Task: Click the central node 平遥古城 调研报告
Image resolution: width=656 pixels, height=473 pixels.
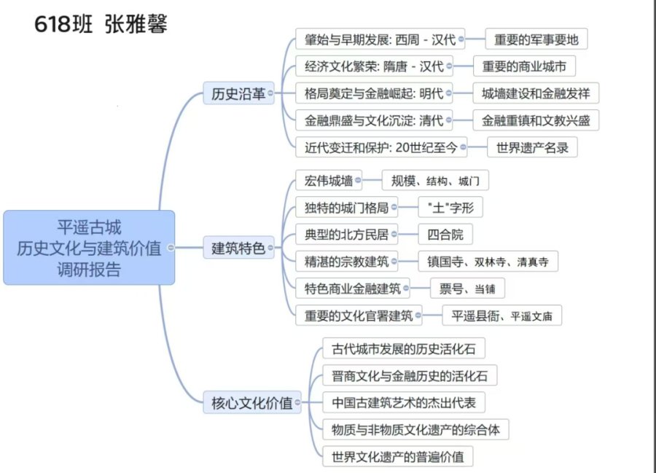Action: (89, 248)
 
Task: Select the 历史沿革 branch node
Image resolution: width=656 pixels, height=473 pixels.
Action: (238, 93)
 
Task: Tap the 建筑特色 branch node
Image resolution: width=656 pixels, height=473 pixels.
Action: (238, 248)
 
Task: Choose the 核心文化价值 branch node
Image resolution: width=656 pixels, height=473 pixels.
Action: (252, 403)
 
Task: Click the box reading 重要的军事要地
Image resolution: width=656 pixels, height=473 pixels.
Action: (536, 39)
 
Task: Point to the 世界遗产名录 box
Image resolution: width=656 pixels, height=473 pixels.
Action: (532, 147)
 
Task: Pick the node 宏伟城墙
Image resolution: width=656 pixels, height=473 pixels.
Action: (329, 181)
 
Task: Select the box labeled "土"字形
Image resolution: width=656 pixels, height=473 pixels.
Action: (450, 208)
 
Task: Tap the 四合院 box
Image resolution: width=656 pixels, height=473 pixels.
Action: (445, 234)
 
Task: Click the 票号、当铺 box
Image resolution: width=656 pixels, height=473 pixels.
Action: (467, 289)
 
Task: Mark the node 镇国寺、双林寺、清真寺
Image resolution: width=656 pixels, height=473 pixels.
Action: (488, 262)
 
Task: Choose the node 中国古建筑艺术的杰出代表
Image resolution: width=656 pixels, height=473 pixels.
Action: (404, 402)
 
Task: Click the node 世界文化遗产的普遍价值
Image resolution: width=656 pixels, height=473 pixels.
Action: (398, 456)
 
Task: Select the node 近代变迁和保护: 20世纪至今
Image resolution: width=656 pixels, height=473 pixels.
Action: (381, 147)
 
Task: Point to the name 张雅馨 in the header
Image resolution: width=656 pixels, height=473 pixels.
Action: (136, 23)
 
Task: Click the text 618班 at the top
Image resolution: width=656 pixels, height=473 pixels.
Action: (63, 24)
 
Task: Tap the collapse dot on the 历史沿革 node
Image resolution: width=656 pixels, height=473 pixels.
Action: (270, 93)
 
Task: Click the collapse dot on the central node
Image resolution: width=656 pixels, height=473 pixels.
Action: (171, 248)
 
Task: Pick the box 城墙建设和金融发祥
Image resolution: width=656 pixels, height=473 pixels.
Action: (536, 93)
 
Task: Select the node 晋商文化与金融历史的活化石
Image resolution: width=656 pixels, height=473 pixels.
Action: (410, 375)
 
